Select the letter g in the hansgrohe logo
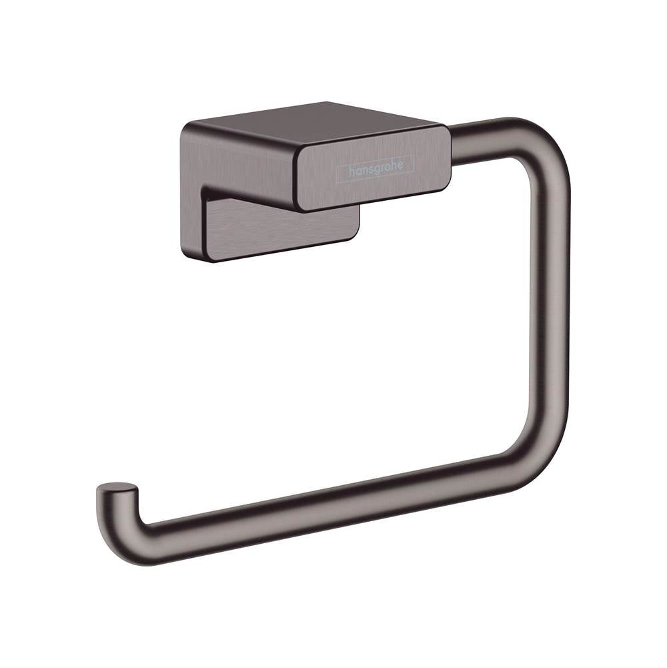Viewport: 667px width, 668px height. [x=376, y=170]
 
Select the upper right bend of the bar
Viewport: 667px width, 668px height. [x=540, y=143]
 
